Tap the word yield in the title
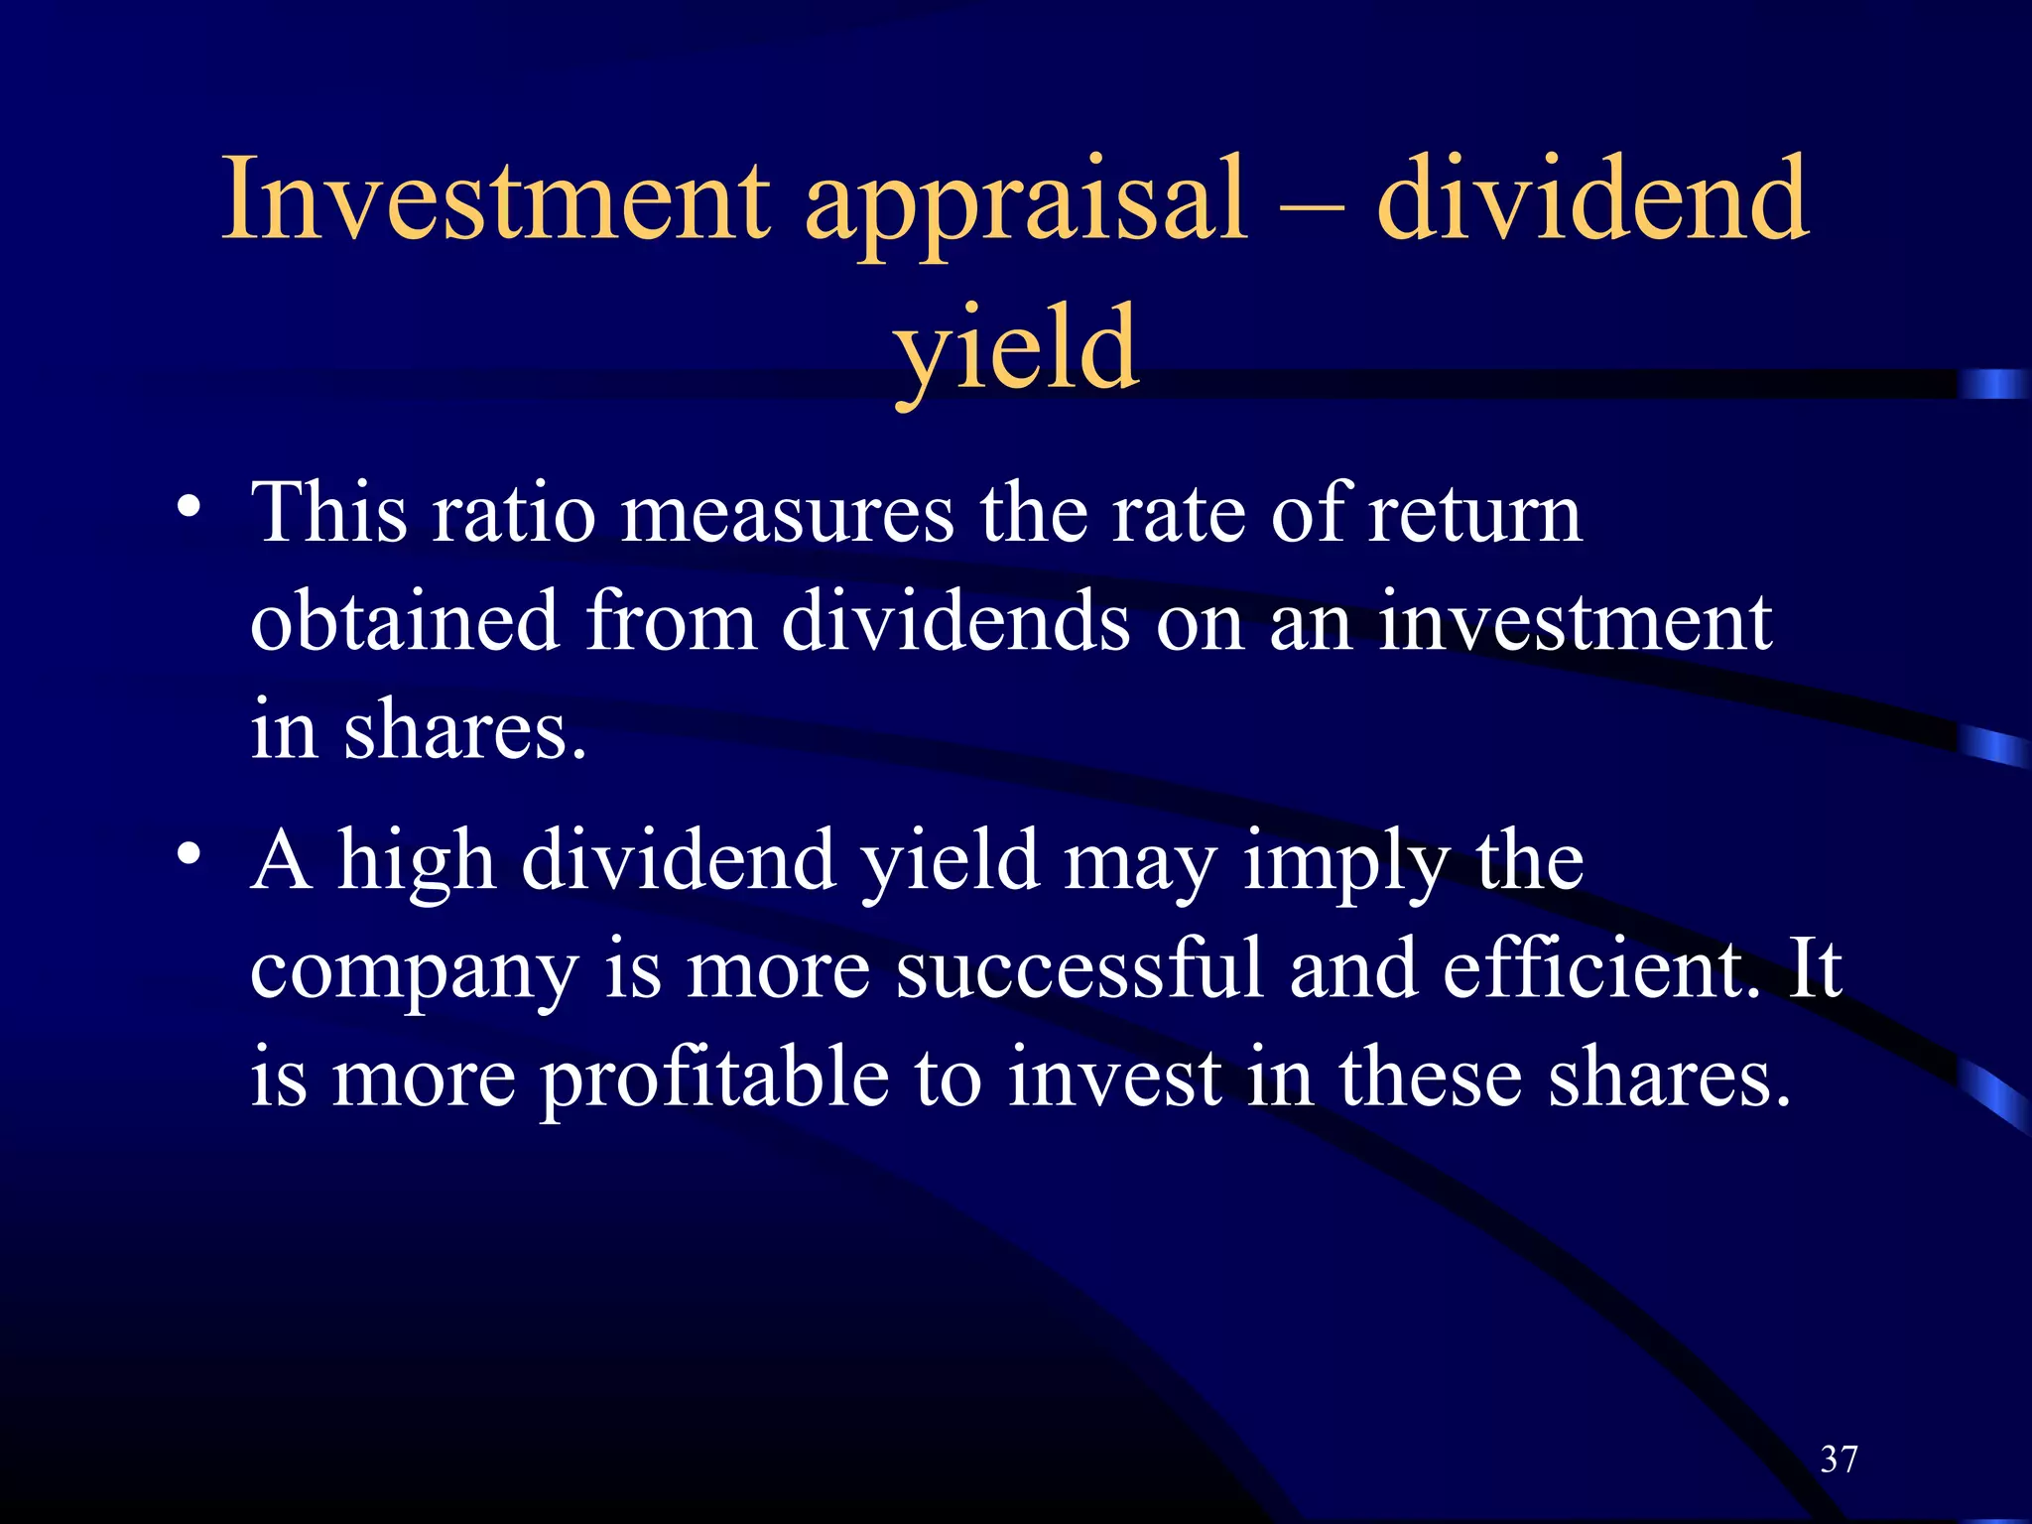(x=1016, y=350)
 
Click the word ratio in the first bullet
(x=513, y=514)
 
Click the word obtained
(x=405, y=621)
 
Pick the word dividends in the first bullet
(x=954, y=621)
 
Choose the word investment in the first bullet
(x=1575, y=621)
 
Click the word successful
(x=1079, y=968)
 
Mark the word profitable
(x=714, y=1079)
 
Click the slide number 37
(x=1839, y=1460)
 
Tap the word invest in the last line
(x=1114, y=1079)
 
